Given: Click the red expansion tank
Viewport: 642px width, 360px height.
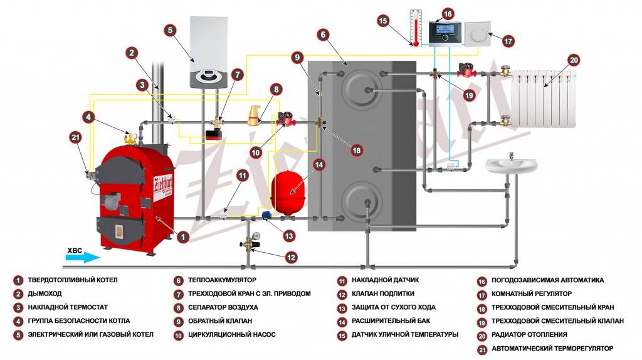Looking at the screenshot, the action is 288,191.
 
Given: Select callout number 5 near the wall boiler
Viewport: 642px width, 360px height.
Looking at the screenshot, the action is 170,30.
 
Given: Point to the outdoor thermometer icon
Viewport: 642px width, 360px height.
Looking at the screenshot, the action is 416,28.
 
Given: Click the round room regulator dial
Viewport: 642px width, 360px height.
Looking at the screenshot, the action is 477,34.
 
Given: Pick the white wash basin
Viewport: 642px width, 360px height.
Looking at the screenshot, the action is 512,166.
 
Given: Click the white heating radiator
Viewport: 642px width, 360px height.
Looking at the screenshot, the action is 544,98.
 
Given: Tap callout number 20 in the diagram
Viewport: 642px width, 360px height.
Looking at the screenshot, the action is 574,60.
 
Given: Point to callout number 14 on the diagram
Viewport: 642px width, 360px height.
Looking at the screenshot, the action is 318,165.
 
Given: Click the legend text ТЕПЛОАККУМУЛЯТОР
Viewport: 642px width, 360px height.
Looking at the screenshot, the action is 222,280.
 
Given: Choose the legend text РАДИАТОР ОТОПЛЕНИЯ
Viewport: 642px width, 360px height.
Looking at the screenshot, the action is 529,335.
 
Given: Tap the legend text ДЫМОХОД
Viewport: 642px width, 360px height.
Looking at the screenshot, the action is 45,294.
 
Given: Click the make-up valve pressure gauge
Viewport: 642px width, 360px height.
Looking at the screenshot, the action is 256,236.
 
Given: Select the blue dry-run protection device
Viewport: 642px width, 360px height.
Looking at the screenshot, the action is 266,215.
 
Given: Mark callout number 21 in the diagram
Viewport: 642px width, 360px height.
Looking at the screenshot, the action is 75,137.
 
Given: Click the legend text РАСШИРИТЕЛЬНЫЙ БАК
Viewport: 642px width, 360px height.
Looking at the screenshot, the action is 391,320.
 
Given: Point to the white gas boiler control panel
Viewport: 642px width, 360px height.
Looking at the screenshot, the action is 208,77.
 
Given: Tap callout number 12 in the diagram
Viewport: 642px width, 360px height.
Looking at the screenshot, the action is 291,258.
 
